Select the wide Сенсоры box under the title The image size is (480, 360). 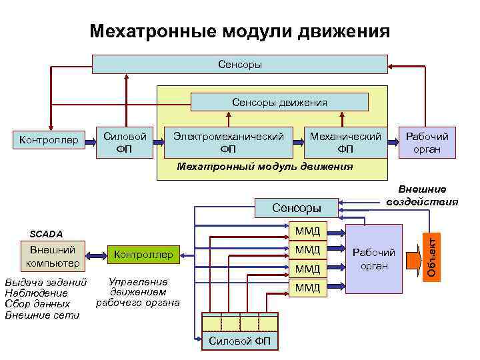(x=239, y=64)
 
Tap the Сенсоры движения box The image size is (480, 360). (x=279, y=102)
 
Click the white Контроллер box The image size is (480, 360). (x=49, y=140)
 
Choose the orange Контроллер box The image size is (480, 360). (x=143, y=254)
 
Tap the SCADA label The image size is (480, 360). (x=46, y=234)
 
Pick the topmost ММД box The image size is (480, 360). (x=307, y=231)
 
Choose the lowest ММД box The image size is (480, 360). (x=307, y=287)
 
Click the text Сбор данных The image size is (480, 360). (x=37, y=303)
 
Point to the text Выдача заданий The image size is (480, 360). (x=45, y=282)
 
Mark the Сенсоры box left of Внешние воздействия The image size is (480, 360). (x=297, y=208)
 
